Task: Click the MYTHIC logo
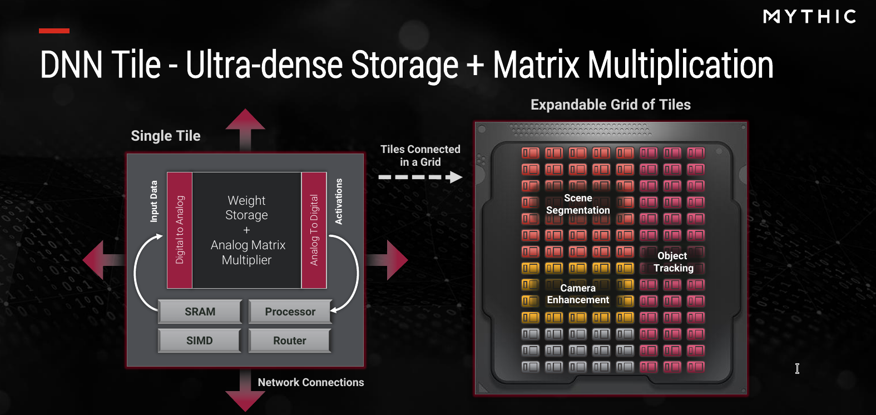tap(809, 17)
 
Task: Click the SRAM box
tap(200, 312)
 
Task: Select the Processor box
tap(290, 312)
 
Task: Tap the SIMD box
tap(200, 340)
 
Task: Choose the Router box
tap(289, 340)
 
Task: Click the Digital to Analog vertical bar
tap(180, 230)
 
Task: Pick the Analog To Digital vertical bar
tap(314, 230)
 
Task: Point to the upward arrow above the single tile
tap(245, 130)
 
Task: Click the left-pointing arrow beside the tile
tap(103, 260)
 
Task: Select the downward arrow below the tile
tap(245, 390)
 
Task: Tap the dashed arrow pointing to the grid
tap(420, 177)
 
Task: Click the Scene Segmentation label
tap(578, 204)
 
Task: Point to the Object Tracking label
tap(673, 261)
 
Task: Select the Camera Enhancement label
tap(578, 294)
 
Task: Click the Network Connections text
tap(311, 382)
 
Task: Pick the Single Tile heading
tap(165, 136)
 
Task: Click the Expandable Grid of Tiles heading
tap(611, 105)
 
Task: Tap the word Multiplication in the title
tap(680, 65)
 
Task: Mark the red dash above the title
tap(54, 31)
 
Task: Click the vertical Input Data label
tap(154, 201)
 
